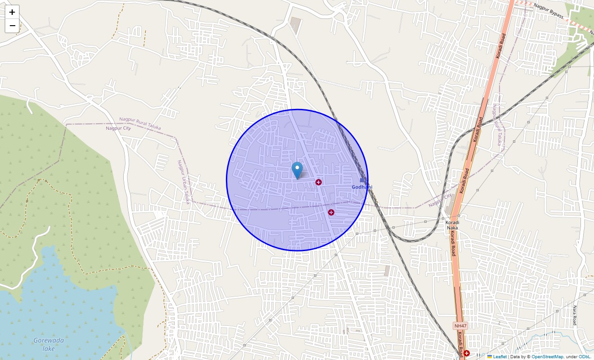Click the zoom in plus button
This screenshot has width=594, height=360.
12,12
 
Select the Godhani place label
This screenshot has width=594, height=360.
362,187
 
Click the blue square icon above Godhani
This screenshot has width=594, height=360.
362,180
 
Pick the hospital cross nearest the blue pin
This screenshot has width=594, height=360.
319,182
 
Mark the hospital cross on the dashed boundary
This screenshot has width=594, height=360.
331,212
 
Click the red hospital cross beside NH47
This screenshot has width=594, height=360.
467,353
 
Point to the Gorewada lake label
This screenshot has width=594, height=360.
49,344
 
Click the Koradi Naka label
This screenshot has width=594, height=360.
452,225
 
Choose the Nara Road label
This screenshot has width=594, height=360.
575,315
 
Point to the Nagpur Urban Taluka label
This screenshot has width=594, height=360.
183,182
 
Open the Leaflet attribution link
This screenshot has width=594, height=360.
499,356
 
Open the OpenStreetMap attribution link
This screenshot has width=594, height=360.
547,356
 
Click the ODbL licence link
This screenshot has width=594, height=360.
584,356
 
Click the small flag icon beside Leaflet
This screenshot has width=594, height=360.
490,356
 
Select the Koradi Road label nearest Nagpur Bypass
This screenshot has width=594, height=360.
501,45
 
